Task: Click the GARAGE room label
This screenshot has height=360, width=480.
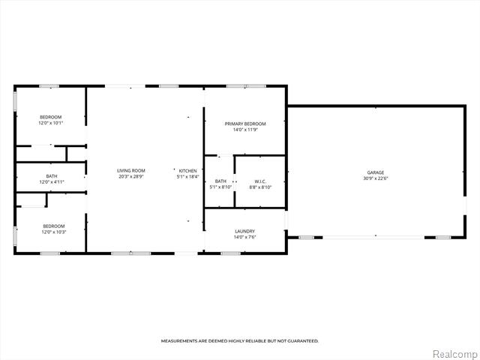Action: (x=376, y=172)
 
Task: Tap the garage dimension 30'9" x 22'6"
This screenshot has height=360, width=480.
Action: (x=376, y=178)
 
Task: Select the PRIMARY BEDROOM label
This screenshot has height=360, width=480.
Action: (x=245, y=124)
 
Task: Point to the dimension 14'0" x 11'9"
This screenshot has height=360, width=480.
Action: (x=245, y=130)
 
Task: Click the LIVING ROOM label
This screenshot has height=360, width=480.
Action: (x=130, y=171)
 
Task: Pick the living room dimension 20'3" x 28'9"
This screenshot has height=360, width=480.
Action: (x=130, y=177)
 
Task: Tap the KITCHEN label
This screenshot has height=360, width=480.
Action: (x=187, y=171)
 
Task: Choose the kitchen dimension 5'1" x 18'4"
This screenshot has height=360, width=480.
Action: (x=187, y=177)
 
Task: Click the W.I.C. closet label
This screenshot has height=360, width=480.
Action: (x=260, y=181)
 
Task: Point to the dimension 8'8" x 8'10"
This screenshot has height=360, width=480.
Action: (x=260, y=187)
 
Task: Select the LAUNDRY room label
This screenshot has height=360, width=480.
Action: (x=244, y=231)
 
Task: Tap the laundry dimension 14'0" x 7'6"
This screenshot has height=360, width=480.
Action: (x=244, y=237)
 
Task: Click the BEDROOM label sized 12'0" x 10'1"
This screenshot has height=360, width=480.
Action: (x=51, y=117)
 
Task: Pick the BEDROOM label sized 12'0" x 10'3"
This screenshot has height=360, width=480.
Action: (x=53, y=226)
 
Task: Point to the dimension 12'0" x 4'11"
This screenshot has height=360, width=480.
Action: (x=51, y=181)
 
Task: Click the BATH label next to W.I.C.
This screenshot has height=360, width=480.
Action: (x=220, y=181)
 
